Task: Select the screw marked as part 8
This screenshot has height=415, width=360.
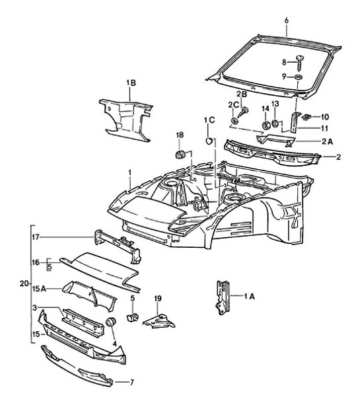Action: point(299,63)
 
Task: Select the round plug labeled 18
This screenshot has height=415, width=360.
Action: point(179,155)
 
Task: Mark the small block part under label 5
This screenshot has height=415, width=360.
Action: point(130,318)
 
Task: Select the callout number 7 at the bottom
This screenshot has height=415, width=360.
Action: point(131,381)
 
